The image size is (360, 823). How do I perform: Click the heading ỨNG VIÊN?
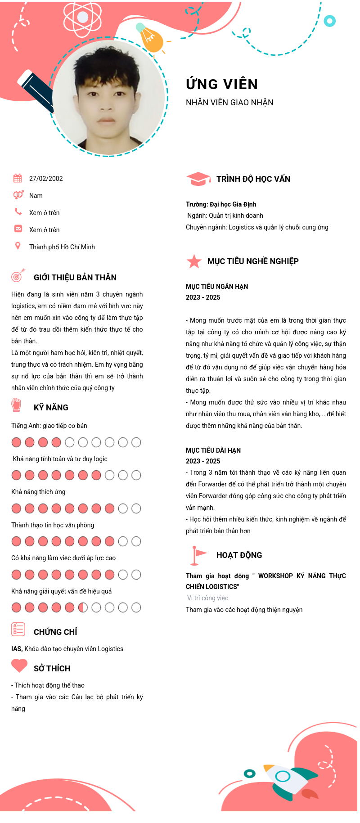pyautogui.click(x=222, y=84)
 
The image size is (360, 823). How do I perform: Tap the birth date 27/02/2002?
pyautogui.click(x=46, y=179)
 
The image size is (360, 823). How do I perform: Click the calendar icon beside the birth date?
pyautogui.click(x=18, y=178)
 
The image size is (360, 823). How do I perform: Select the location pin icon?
pyautogui.click(x=18, y=246)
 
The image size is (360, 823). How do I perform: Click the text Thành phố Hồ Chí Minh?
pyautogui.click(x=62, y=247)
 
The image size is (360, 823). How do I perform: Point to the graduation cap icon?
pyautogui.click(x=198, y=179)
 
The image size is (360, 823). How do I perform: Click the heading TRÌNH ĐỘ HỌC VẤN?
pyautogui.click(x=253, y=179)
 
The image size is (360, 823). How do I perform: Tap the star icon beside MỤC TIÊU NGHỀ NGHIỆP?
pyautogui.click(x=194, y=261)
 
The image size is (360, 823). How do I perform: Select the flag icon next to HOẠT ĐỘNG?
pyautogui.click(x=197, y=555)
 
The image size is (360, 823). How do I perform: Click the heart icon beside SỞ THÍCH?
pyautogui.click(x=19, y=666)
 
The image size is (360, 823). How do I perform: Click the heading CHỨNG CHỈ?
pyautogui.click(x=55, y=632)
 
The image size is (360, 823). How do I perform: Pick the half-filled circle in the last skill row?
pyautogui.click(x=83, y=608)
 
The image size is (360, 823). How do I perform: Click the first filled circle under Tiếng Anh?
pyautogui.click(x=17, y=442)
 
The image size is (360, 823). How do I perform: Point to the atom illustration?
pyautogui.click(x=82, y=18)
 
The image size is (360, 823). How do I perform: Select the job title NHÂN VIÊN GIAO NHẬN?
pyautogui.click(x=229, y=103)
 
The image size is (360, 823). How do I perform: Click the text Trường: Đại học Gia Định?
pyautogui.click(x=221, y=204)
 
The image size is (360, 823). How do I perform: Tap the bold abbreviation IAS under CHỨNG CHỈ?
pyautogui.click(x=17, y=649)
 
